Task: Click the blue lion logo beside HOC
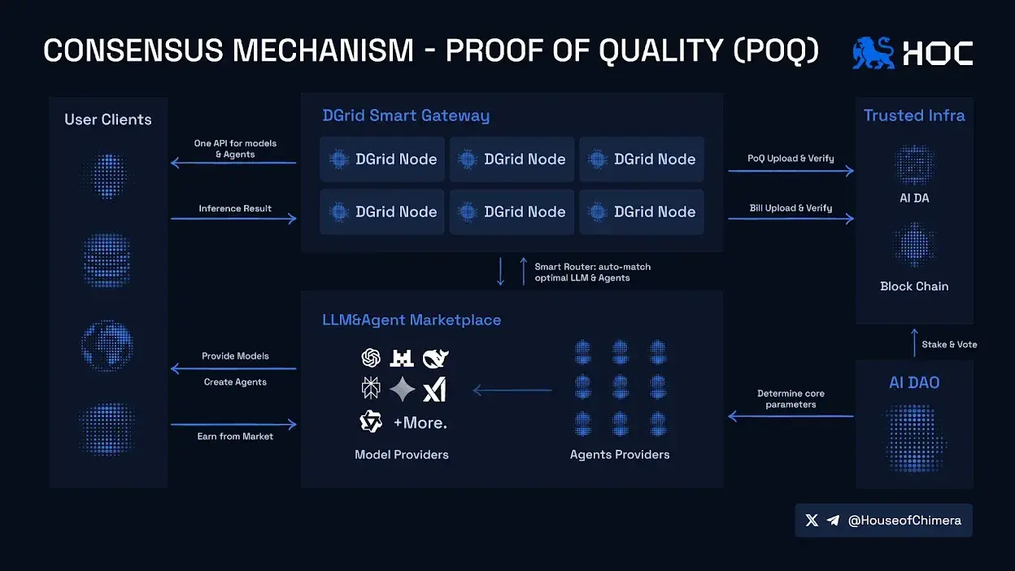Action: click(x=873, y=53)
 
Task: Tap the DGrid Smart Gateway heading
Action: click(x=406, y=116)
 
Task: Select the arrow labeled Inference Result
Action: click(x=233, y=219)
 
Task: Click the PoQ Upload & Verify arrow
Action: click(x=791, y=171)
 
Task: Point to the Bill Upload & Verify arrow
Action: click(x=791, y=219)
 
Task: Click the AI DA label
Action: click(x=914, y=198)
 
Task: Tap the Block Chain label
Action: click(x=914, y=286)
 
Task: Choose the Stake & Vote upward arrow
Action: click(x=914, y=342)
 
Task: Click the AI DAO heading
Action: click(x=914, y=382)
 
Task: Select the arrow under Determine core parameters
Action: click(x=791, y=416)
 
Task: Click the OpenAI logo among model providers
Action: click(x=371, y=358)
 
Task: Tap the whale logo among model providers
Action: click(x=435, y=359)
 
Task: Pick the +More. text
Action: click(x=420, y=423)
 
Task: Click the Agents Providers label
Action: click(x=620, y=455)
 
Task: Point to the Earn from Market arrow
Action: click(x=233, y=425)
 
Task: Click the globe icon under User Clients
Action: click(x=107, y=346)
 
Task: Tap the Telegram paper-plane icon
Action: click(x=833, y=521)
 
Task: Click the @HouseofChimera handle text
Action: click(x=904, y=521)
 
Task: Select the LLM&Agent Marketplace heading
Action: click(x=412, y=320)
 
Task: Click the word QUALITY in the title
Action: click(x=660, y=50)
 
